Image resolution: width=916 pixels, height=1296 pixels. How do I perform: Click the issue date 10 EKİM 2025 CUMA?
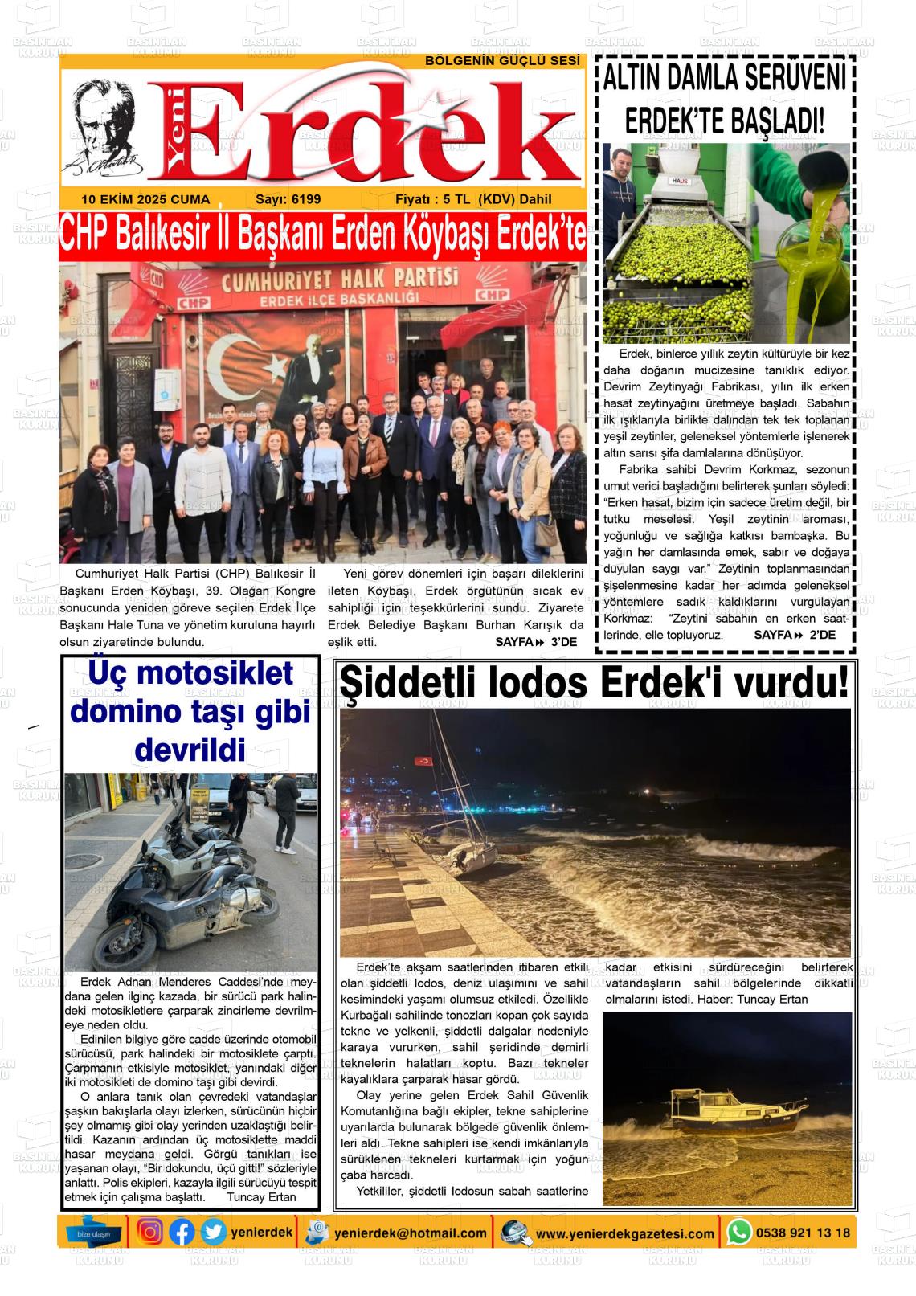pyautogui.click(x=145, y=199)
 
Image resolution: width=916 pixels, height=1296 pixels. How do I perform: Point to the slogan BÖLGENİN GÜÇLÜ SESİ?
pyautogui.click(x=502, y=61)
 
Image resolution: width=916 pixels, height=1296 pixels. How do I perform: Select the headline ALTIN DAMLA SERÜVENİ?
pyautogui.click(x=724, y=79)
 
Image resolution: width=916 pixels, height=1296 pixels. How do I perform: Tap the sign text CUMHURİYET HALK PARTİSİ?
pyautogui.click(x=340, y=280)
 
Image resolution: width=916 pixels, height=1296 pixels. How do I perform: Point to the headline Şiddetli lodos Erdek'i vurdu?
pyautogui.click(x=594, y=685)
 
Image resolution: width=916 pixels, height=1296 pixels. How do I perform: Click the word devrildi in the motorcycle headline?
pyautogui.click(x=190, y=750)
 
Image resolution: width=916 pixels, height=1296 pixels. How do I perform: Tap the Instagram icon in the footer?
pyautogui.click(x=149, y=1232)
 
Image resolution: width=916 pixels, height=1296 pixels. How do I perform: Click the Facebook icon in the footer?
pyautogui.click(x=182, y=1232)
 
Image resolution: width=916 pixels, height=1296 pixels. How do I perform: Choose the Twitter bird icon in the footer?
pyautogui.click(x=213, y=1232)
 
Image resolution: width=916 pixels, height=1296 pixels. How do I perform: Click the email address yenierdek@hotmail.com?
pyautogui.click(x=411, y=1233)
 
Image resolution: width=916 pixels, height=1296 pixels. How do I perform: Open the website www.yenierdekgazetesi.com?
pyautogui.click(x=624, y=1233)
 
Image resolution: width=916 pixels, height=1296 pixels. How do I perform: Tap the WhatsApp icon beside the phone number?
pyautogui.click(x=738, y=1232)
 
